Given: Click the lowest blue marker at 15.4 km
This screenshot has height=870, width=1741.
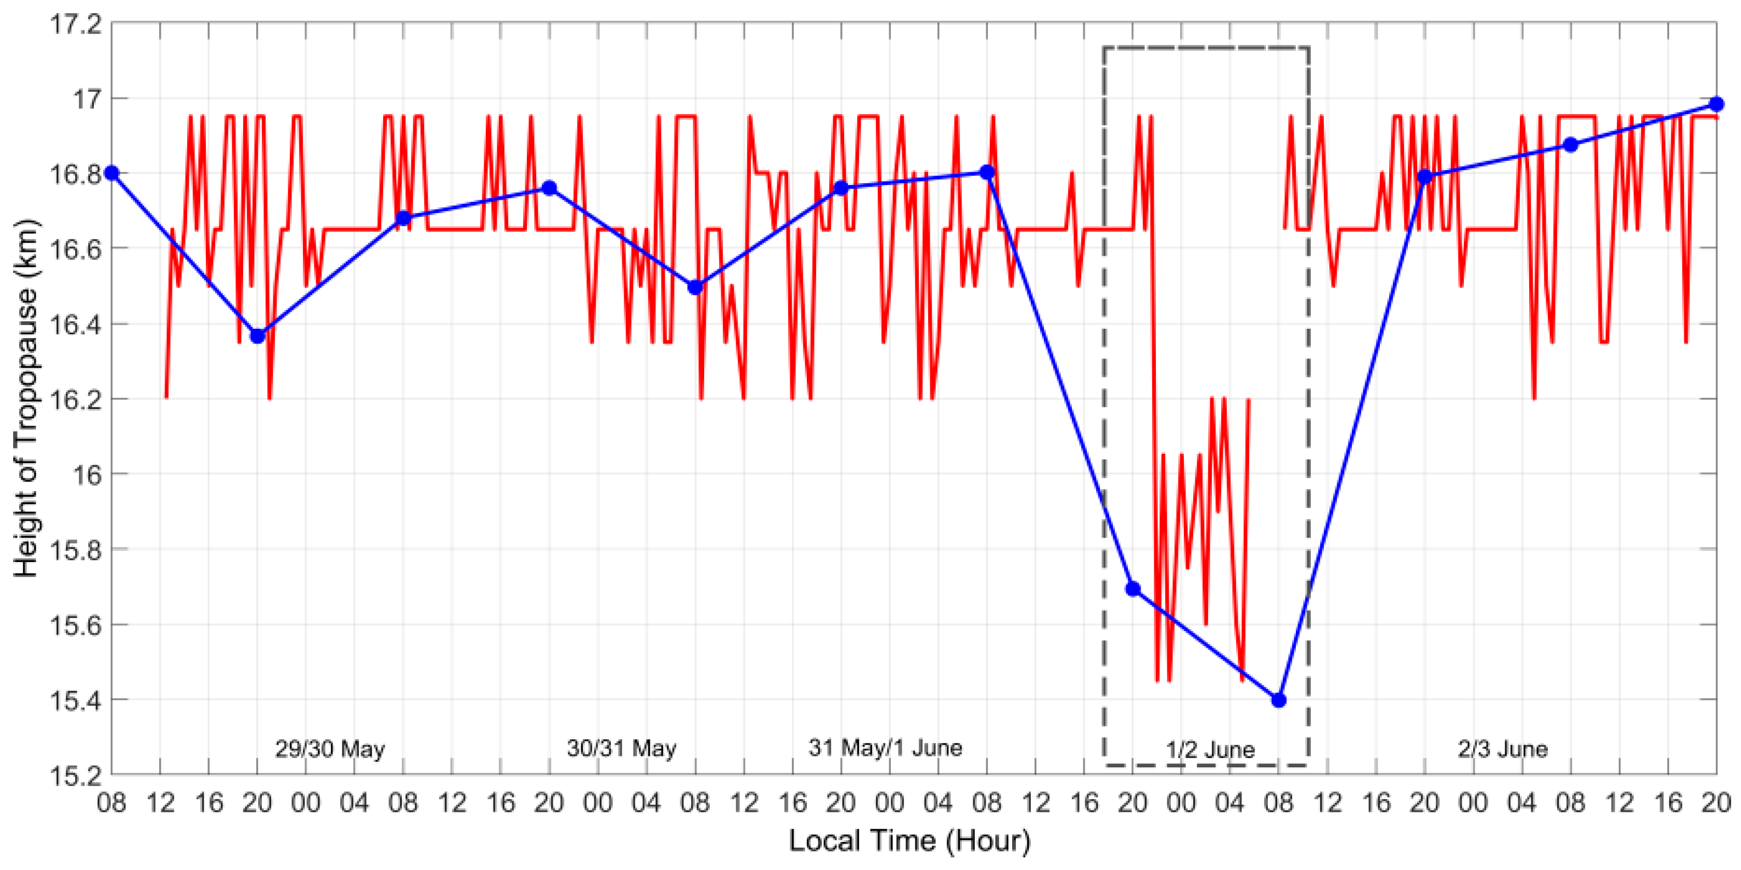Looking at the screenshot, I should point(1278,700).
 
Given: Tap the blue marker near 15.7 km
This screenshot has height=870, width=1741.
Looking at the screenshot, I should point(1133,589).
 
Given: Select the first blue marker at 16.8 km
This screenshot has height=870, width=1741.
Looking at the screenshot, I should point(112,173).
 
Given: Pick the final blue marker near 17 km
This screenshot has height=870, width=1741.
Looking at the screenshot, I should point(1716,104).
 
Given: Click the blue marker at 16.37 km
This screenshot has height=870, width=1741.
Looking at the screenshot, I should point(257,336).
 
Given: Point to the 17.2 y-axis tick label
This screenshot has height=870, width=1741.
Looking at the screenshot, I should point(76,24).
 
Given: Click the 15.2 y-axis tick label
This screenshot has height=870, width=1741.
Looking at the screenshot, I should point(76,774).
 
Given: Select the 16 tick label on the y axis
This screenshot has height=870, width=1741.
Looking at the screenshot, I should point(86,475).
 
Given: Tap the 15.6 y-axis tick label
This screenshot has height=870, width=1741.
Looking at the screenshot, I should point(76,625).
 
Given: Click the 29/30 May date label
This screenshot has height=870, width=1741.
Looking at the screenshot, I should point(330,749).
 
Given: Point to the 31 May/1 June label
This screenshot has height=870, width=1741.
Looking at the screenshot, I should point(885,748).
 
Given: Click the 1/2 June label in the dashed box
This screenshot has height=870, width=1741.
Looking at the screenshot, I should point(1210,750).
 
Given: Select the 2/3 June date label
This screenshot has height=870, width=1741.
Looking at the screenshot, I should point(1502,749).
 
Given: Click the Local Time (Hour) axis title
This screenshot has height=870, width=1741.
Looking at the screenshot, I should point(909,841).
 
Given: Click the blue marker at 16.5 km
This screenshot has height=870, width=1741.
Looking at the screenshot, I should point(695,287).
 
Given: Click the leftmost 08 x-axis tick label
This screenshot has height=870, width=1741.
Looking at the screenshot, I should point(112,803).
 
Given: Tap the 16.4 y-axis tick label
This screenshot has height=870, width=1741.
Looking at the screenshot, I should point(76,324).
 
